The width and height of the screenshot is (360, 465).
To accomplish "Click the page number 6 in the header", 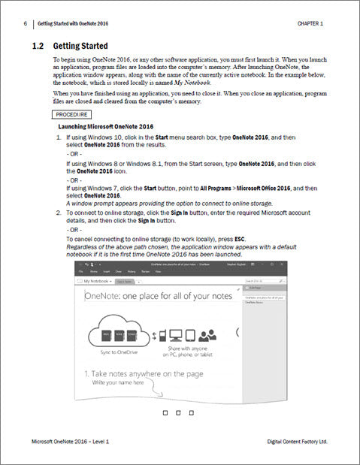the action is point(26,24).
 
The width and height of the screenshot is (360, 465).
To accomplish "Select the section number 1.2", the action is point(38,46).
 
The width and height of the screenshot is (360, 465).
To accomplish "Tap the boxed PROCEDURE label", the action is point(72,115).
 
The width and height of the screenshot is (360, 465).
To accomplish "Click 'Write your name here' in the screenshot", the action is point(119,382).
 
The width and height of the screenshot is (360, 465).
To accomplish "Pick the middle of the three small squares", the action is point(177,412).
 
